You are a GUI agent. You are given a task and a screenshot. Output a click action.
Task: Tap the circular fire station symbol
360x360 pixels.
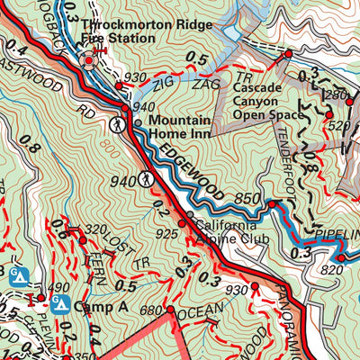[91, 60]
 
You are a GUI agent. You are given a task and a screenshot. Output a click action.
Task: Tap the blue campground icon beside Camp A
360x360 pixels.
[61, 304]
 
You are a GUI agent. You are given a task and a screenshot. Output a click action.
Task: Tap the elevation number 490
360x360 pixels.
[59, 287]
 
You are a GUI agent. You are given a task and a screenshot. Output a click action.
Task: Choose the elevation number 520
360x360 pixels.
[337, 127]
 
